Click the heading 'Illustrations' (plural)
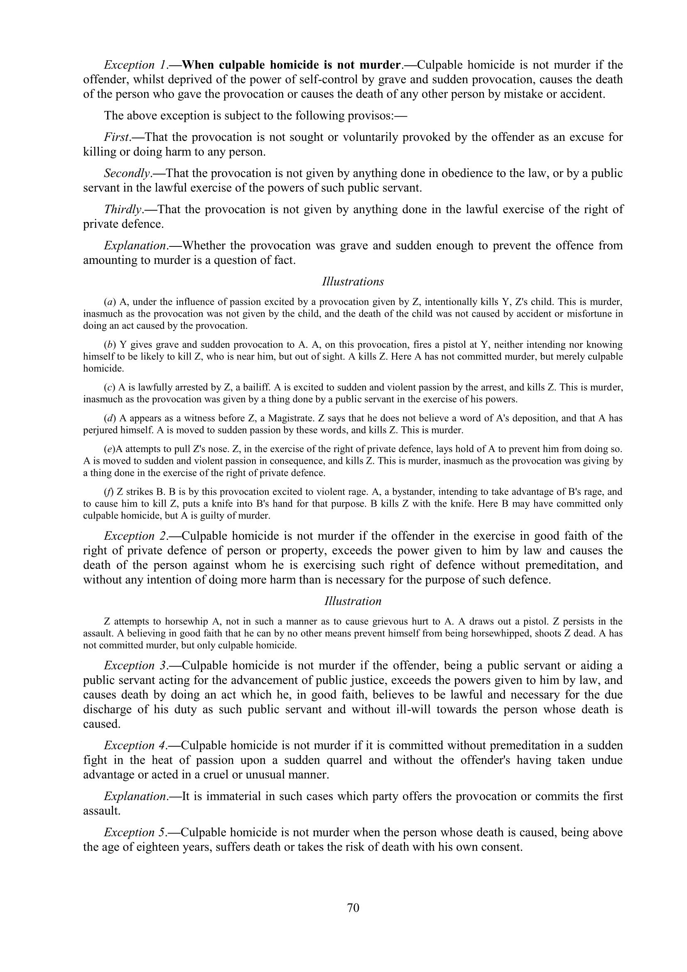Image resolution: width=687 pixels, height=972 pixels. tap(353, 281)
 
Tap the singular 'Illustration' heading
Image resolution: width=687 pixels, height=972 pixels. tap(353, 601)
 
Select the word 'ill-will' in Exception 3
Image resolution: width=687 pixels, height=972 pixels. tap(410, 709)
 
